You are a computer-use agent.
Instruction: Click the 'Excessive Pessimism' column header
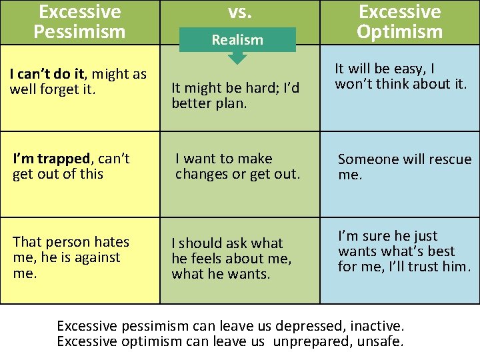pos(80,21)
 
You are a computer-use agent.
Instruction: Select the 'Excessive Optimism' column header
pos(399,21)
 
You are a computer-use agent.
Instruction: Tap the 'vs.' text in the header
pos(239,11)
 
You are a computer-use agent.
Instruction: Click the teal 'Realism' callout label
pos(237,40)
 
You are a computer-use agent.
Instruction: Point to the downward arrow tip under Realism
pos(237,61)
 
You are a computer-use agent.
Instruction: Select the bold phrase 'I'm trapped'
pos(51,159)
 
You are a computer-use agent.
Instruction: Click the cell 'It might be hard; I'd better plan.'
pos(235,95)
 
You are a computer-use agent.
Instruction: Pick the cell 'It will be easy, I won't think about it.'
pos(401,76)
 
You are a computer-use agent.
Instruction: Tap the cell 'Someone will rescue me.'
pos(404,167)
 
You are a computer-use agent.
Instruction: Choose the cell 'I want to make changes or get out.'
pos(237,167)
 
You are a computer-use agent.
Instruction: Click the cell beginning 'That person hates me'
pos(71,257)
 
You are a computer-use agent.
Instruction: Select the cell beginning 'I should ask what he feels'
pos(231,259)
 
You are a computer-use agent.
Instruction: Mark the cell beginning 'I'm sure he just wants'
pos(404,251)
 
